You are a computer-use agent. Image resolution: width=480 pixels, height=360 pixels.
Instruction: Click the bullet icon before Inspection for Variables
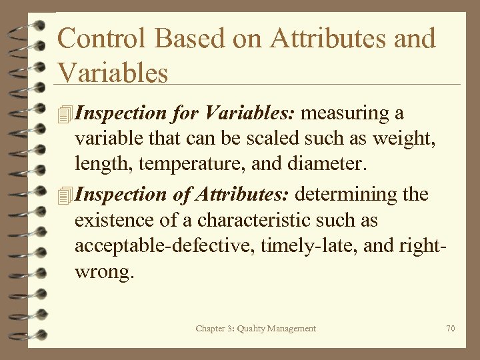pyautogui.click(x=65, y=114)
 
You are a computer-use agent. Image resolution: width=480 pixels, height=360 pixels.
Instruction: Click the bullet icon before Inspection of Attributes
pyautogui.click(x=65, y=195)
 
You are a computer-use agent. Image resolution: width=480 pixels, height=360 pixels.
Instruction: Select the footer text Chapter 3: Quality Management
pyautogui.click(x=256, y=328)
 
